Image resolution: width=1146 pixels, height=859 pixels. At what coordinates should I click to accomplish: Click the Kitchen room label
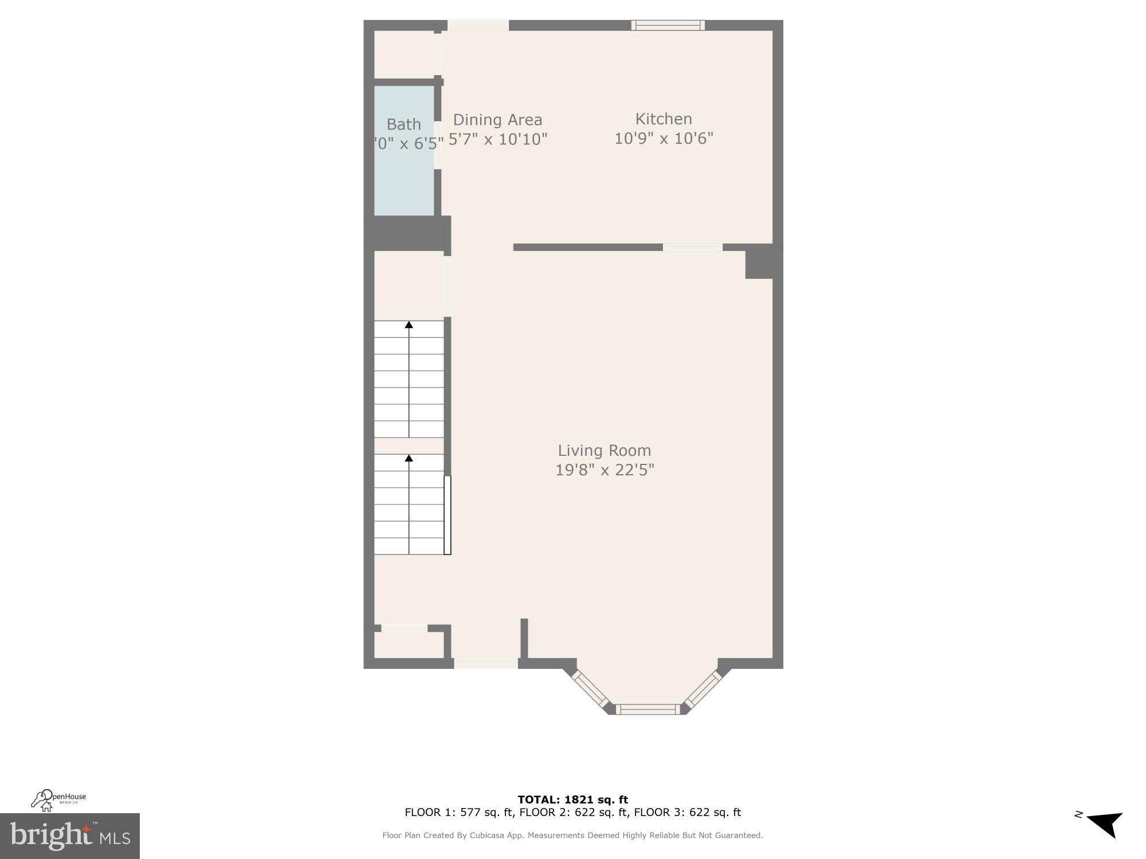664,119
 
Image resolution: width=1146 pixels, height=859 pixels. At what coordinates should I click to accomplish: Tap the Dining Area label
497,120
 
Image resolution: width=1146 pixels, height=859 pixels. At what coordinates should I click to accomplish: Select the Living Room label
605,451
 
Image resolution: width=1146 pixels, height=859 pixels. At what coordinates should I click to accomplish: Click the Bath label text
404,124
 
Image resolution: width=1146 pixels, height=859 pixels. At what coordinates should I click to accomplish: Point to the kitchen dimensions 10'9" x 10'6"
664,139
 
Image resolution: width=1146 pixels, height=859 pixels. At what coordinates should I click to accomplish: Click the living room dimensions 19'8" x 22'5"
605,470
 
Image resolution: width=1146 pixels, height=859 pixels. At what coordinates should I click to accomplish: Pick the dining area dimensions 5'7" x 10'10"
498,139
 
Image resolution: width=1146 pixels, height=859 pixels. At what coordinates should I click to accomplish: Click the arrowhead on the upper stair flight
409,325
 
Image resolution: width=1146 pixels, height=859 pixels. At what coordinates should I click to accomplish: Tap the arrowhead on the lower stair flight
409,458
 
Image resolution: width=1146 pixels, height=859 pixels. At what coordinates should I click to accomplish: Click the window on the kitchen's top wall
668,25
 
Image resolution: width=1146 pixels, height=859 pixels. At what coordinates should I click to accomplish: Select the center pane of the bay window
648,710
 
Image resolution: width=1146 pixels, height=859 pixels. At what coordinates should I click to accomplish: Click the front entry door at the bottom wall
486,663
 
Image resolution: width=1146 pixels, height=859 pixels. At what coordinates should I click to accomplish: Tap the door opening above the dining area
478,25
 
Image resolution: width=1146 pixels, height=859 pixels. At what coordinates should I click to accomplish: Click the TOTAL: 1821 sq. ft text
572,799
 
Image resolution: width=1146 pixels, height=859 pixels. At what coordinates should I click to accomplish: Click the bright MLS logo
70,836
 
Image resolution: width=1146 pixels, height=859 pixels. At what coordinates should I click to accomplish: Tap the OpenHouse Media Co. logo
58,800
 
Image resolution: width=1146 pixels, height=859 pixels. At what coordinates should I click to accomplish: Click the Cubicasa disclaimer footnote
572,836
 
